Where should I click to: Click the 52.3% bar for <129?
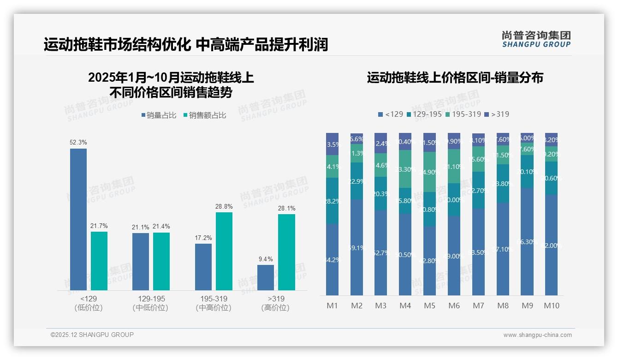pos(78,219)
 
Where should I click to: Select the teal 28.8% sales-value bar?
pos(224,251)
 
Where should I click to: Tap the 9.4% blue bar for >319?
pos(265,277)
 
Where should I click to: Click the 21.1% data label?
pos(140,227)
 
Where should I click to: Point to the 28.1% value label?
pos(286,208)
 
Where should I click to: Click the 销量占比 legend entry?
pos(159,115)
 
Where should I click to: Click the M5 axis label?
pos(429,306)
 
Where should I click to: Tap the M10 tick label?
pos(551,306)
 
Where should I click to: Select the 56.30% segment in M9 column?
pos(527,241)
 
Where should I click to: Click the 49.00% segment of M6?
pos(454,256)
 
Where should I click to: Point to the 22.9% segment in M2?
pos(357,181)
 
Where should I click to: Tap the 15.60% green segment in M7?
pos(478,159)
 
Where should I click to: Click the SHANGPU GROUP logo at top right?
pos(536,39)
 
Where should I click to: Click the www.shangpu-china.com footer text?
pos(537,335)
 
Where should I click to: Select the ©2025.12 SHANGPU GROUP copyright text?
pos(92,335)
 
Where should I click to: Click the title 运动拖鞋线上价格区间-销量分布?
pos(455,78)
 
